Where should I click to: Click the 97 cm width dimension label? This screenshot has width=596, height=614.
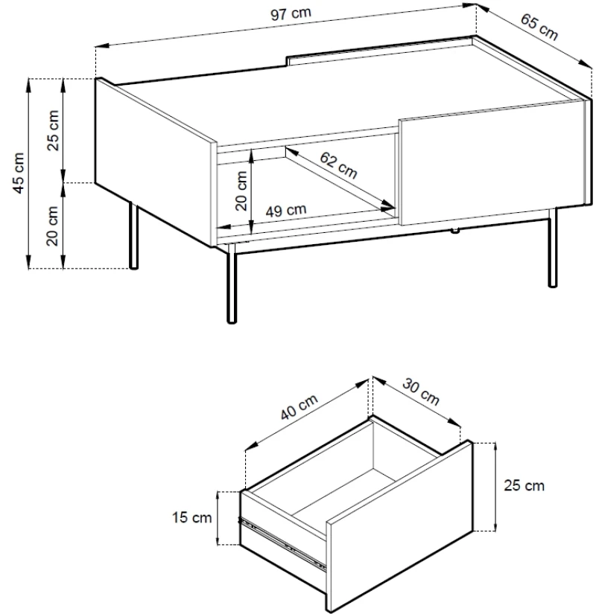pyautogui.click(x=291, y=14)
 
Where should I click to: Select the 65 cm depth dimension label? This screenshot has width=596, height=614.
pyautogui.click(x=539, y=27)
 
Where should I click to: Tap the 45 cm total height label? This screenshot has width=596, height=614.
pyautogui.click(x=19, y=173)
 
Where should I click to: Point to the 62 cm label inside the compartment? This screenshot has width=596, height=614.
pyautogui.click(x=338, y=165)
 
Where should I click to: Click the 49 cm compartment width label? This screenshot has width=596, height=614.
pyautogui.click(x=286, y=211)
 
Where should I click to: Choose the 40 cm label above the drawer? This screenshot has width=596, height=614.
pyautogui.click(x=299, y=407)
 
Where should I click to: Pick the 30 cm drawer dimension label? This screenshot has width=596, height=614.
pyautogui.click(x=421, y=391)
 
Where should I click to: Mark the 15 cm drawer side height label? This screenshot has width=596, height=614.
pyautogui.click(x=191, y=517)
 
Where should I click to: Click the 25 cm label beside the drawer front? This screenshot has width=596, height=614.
pyautogui.click(x=524, y=485)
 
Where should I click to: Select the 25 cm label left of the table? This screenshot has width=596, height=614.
pyautogui.click(x=53, y=130)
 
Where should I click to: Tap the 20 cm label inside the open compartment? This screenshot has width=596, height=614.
pyautogui.click(x=241, y=191)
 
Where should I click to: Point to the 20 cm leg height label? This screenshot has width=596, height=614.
pyautogui.click(x=52, y=226)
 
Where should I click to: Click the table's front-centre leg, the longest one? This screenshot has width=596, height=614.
pyautogui.click(x=232, y=284)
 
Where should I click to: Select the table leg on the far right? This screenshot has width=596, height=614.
pyautogui.click(x=552, y=248)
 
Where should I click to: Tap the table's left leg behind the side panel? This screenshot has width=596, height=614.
pyautogui.click(x=133, y=236)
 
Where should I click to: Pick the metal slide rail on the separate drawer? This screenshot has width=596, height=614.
pyautogui.click(x=282, y=543)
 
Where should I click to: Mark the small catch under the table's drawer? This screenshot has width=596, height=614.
pyautogui.click(x=455, y=231)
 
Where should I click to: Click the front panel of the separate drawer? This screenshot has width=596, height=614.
pyautogui.click(x=400, y=526)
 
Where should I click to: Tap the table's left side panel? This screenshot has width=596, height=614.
pyautogui.click(x=155, y=162)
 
